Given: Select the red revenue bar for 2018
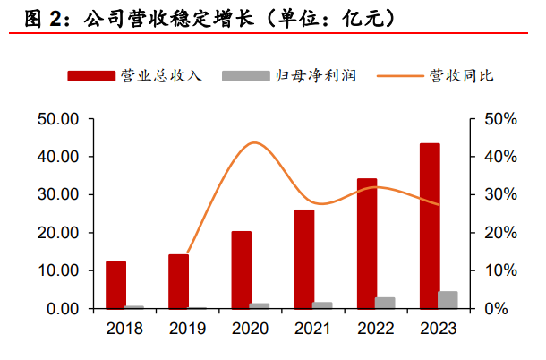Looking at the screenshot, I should click(116, 285).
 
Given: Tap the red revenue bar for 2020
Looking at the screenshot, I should click(242, 270).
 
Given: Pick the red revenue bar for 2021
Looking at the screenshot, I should click(304, 259).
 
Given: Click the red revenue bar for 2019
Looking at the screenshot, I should click(179, 281).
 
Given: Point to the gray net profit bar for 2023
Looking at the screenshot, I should click(448, 300).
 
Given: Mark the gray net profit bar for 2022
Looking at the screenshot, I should click(385, 303).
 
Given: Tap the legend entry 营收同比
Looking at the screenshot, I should click(461, 75).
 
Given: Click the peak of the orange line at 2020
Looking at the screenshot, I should click(254, 142).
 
